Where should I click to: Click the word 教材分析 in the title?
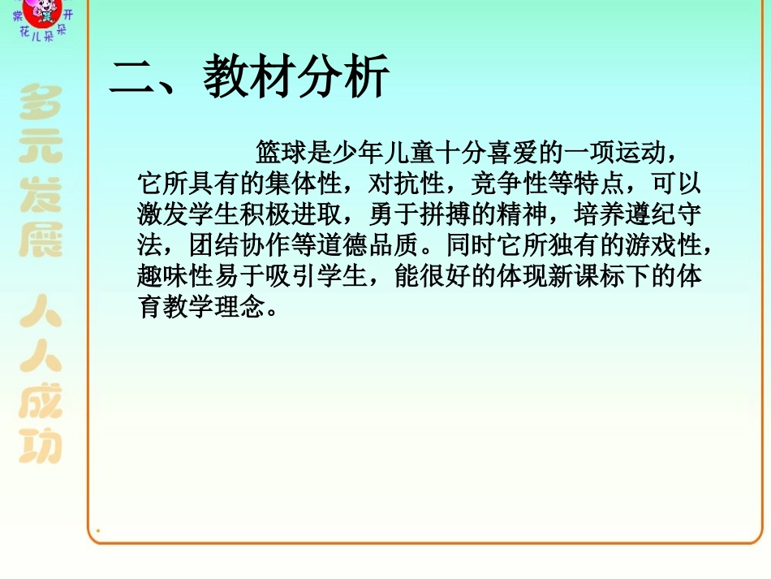(x=296, y=79)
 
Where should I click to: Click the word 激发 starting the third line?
(x=162, y=214)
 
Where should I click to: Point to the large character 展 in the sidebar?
(x=41, y=240)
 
